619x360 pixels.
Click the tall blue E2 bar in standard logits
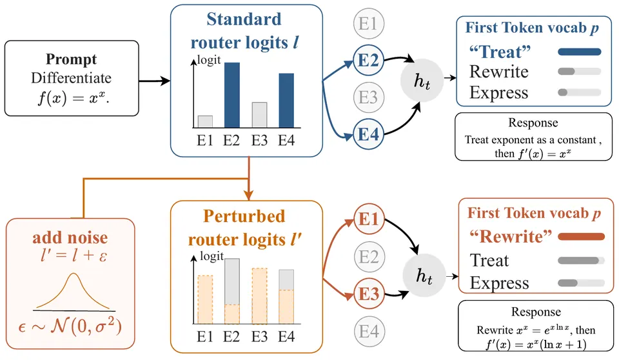(x=231, y=95)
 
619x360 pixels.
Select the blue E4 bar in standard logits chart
(x=286, y=101)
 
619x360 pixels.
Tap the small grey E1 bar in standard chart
(x=205, y=121)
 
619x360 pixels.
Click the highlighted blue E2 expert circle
(x=368, y=61)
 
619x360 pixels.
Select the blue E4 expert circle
(x=368, y=134)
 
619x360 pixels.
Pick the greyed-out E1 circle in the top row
(x=368, y=24)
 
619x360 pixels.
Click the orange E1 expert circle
(x=369, y=219)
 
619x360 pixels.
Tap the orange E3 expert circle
(x=369, y=294)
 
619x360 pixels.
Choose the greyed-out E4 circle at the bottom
(x=369, y=331)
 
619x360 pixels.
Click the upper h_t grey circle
(x=422, y=80)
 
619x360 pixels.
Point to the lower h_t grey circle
(x=424, y=275)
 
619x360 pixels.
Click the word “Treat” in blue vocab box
(x=500, y=52)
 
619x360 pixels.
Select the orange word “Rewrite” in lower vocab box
(x=510, y=236)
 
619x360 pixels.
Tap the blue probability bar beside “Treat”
(x=580, y=52)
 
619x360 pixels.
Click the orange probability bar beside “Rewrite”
(x=581, y=237)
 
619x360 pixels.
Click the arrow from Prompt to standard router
(x=155, y=81)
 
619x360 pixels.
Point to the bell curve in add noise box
(x=73, y=291)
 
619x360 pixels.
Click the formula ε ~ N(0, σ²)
(x=70, y=326)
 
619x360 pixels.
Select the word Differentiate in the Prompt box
(x=72, y=78)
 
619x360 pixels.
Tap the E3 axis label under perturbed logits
(x=259, y=337)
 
